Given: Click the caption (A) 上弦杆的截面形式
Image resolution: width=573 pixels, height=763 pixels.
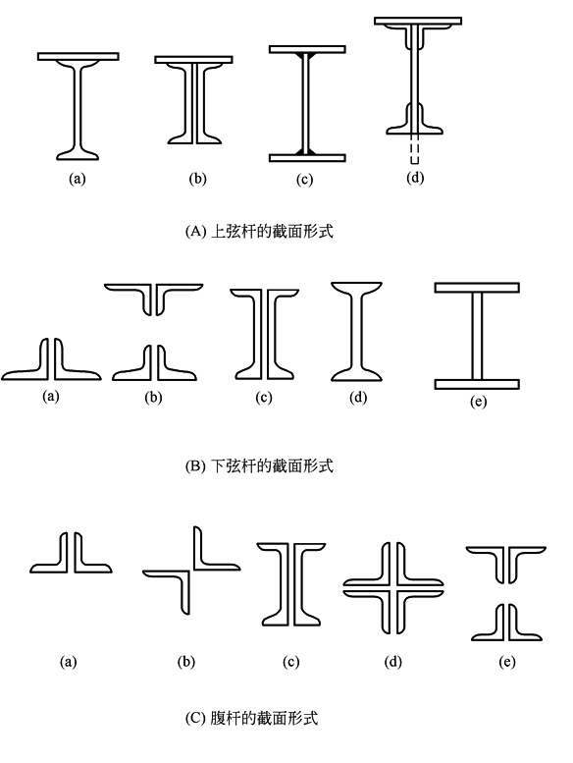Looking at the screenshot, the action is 259,231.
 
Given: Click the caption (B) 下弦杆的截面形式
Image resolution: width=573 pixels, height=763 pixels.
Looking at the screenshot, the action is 259,465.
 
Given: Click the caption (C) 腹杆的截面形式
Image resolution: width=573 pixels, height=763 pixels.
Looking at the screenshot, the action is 252,718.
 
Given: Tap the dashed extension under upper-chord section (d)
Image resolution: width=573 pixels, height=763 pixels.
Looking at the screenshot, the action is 414,148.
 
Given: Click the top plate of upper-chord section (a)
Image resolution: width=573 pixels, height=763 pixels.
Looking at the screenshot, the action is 78,56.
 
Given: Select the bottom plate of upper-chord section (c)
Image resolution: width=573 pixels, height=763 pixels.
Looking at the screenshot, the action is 307,158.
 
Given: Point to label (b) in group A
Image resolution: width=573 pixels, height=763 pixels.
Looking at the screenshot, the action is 197,179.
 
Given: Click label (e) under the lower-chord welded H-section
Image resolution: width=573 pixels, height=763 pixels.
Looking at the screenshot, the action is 478,401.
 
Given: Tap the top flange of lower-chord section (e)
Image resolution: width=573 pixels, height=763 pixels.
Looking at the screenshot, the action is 477,288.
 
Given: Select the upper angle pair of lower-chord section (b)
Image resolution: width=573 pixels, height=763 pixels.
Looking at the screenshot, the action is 154,299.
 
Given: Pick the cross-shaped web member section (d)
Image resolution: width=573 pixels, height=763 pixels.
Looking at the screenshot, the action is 393,588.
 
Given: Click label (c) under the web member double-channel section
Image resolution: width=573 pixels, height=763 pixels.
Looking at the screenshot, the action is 290,662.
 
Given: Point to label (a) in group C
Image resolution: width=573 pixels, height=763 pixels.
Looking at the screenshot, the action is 68,662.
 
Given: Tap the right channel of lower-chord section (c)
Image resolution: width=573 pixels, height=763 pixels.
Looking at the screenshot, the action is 282,333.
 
